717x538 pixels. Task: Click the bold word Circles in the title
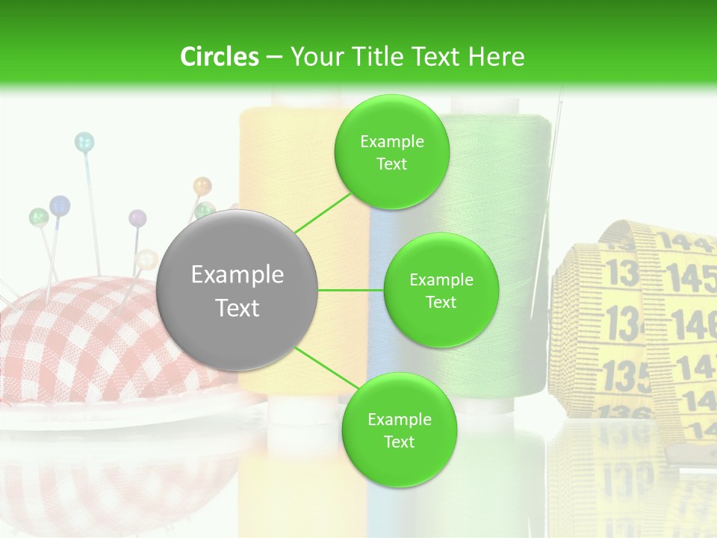coord(219,56)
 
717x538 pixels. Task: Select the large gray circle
coord(238,291)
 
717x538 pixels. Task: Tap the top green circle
coord(391,152)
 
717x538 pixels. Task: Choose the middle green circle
coord(441,290)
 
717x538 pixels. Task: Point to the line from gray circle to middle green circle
coord(350,290)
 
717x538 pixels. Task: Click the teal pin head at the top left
coord(84,140)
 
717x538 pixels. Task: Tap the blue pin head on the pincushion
coord(60,205)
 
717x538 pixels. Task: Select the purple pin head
coord(137,218)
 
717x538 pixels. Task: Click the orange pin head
coord(202,185)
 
